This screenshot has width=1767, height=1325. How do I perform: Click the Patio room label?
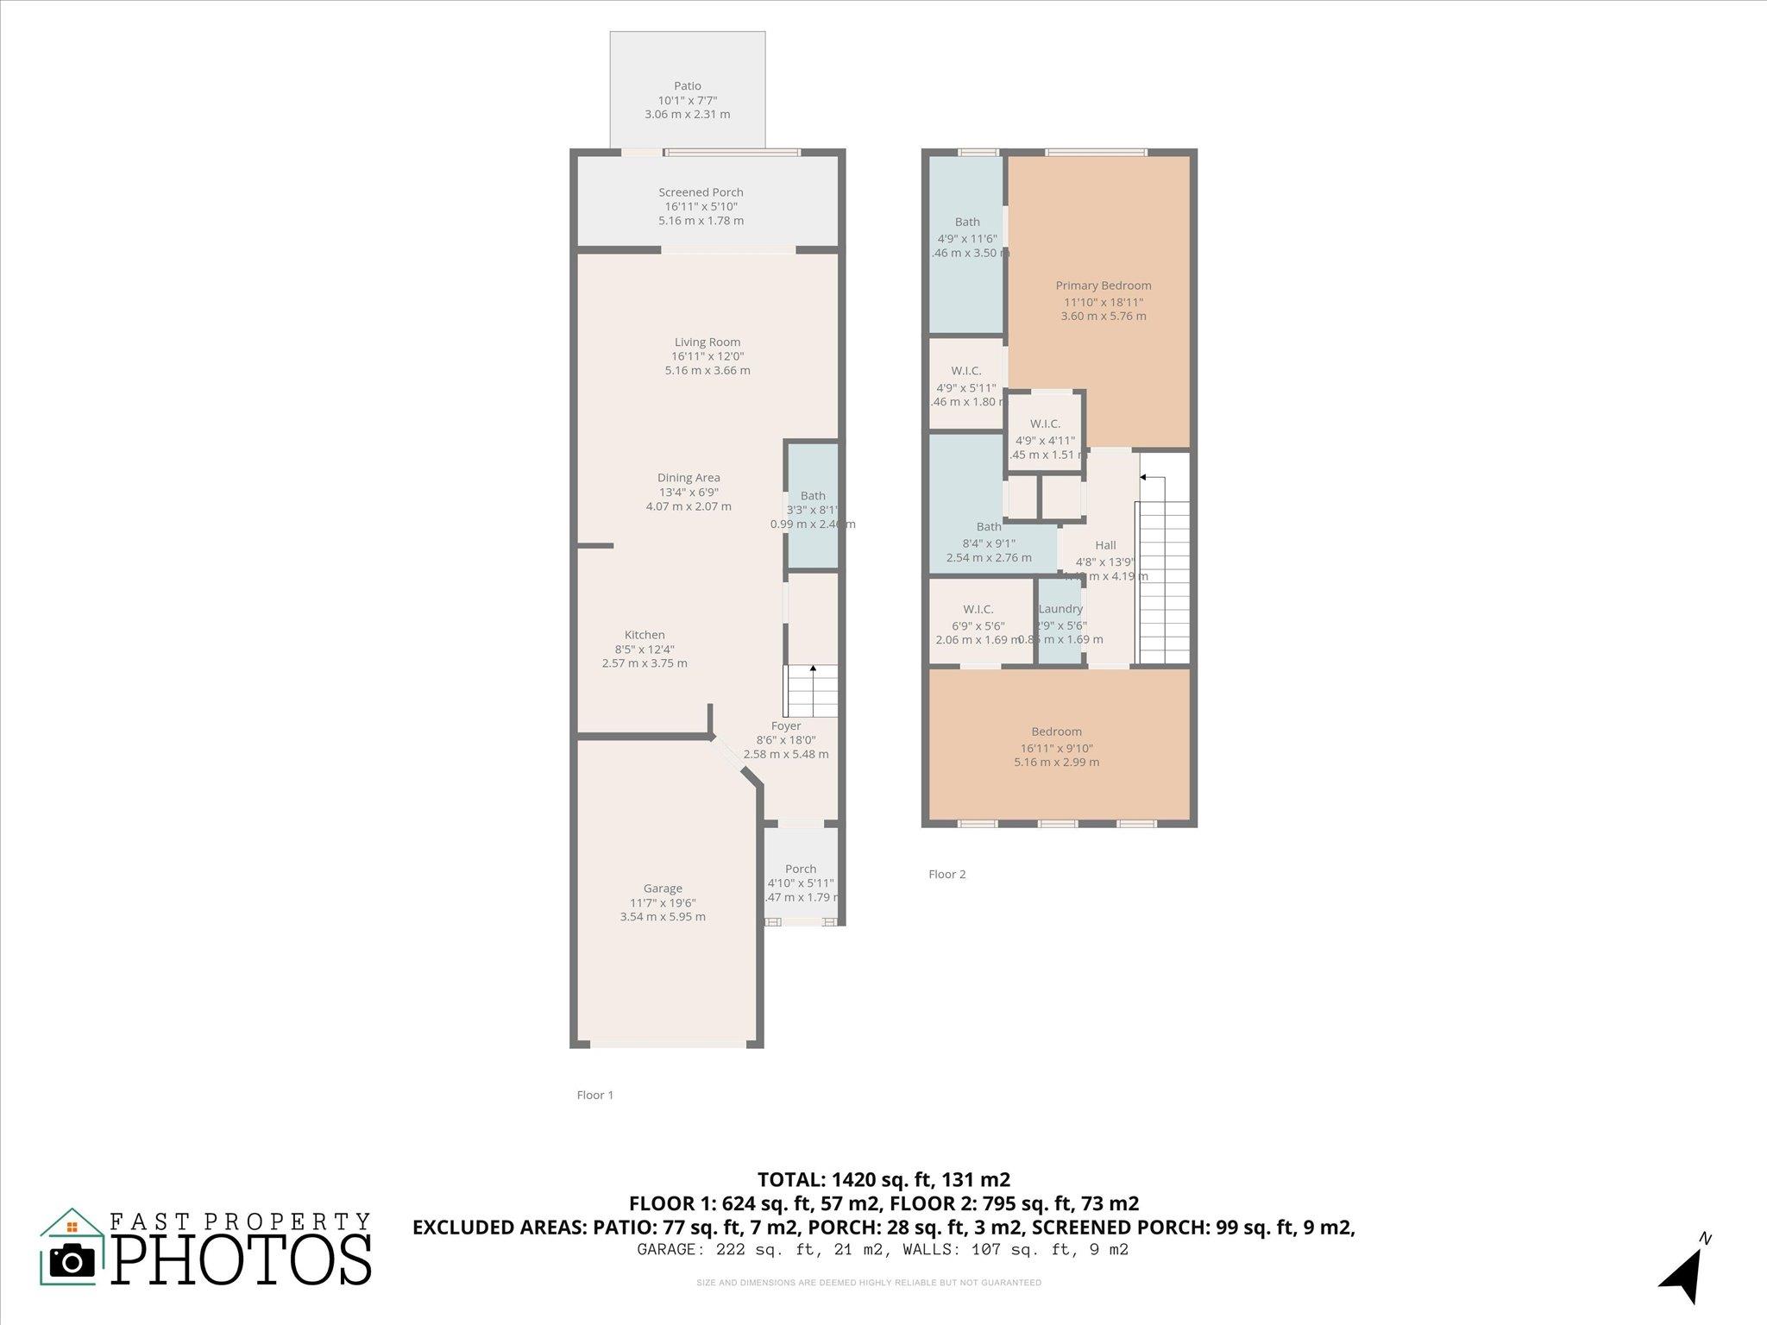coord(687,86)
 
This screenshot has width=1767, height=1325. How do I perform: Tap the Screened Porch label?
coord(701,192)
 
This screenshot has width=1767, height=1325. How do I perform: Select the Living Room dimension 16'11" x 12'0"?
coord(707,356)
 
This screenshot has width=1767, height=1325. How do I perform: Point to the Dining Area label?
coord(689,478)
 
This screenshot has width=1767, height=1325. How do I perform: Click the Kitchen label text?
coord(645,635)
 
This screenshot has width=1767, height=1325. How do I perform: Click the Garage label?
coord(663,889)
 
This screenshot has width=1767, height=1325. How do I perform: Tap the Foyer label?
coord(785,726)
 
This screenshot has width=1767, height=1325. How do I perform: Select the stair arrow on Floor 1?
coord(813,669)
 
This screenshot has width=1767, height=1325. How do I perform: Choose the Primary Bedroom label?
coord(1104,286)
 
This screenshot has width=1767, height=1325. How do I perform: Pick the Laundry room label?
coord(1060,609)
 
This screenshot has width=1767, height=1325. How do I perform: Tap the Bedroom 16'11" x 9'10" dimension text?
coord(1056,749)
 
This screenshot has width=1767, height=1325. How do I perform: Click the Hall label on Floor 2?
coord(1105,545)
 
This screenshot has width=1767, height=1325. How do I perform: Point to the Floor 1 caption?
coord(595,1095)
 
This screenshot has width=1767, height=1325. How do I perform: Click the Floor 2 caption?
coord(946,874)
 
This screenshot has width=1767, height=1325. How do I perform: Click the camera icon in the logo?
coord(72,1261)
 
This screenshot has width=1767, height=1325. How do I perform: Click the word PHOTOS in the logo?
coord(242,1260)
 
